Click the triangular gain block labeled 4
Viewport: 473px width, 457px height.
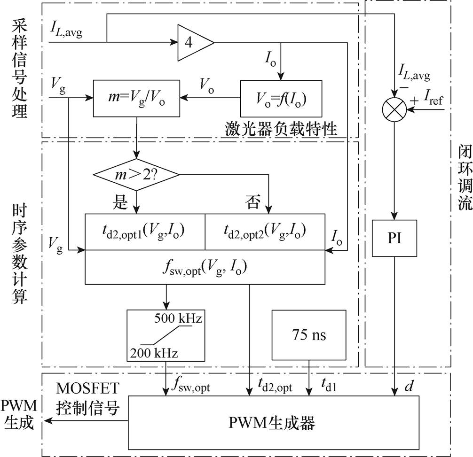coord(192,43)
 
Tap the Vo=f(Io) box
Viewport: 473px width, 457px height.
coord(281,99)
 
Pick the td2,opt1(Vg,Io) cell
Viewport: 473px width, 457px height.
coord(145,231)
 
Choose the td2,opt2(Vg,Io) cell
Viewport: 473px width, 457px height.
coord(265,231)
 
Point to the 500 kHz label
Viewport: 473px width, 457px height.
coord(178,319)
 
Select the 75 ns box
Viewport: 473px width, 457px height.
coord(309,335)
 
